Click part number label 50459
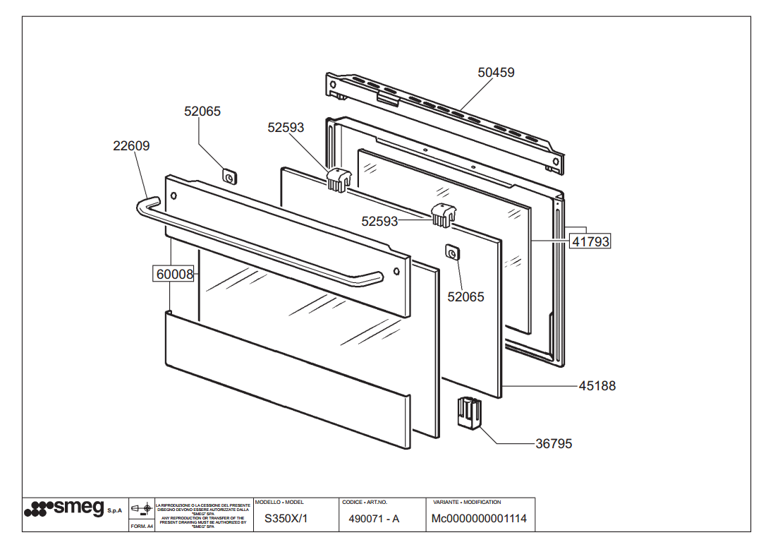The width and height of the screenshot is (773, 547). pyautogui.click(x=496, y=72)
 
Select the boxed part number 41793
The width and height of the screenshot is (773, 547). pyautogui.click(x=590, y=241)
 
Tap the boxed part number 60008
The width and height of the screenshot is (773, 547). pyautogui.click(x=174, y=274)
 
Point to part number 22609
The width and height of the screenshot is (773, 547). pyautogui.click(x=131, y=146)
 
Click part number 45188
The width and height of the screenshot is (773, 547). pyautogui.click(x=597, y=386)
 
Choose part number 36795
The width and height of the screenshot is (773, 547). pyautogui.click(x=554, y=444)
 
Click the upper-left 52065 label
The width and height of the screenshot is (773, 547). pyautogui.click(x=202, y=111)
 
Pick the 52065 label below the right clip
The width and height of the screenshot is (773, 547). pyautogui.click(x=465, y=297)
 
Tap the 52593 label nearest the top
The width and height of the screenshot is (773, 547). pyautogui.click(x=286, y=127)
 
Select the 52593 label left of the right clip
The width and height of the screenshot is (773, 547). pyautogui.click(x=380, y=221)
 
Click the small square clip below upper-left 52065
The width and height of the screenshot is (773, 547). pyautogui.click(x=229, y=176)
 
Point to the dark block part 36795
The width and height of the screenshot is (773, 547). pyautogui.click(x=468, y=413)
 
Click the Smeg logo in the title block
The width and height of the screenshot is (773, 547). pyautogui.click(x=64, y=508)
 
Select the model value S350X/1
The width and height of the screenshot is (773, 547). pyautogui.click(x=286, y=519)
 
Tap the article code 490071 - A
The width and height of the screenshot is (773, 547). pyautogui.click(x=374, y=519)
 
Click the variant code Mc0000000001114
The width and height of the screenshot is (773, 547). pyautogui.click(x=479, y=519)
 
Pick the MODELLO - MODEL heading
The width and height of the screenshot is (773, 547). pyautogui.click(x=279, y=502)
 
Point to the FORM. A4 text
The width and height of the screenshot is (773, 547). pyautogui.click(x=142, y=526)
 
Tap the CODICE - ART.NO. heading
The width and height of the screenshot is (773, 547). pyautogui.click(x=365, y=502)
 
